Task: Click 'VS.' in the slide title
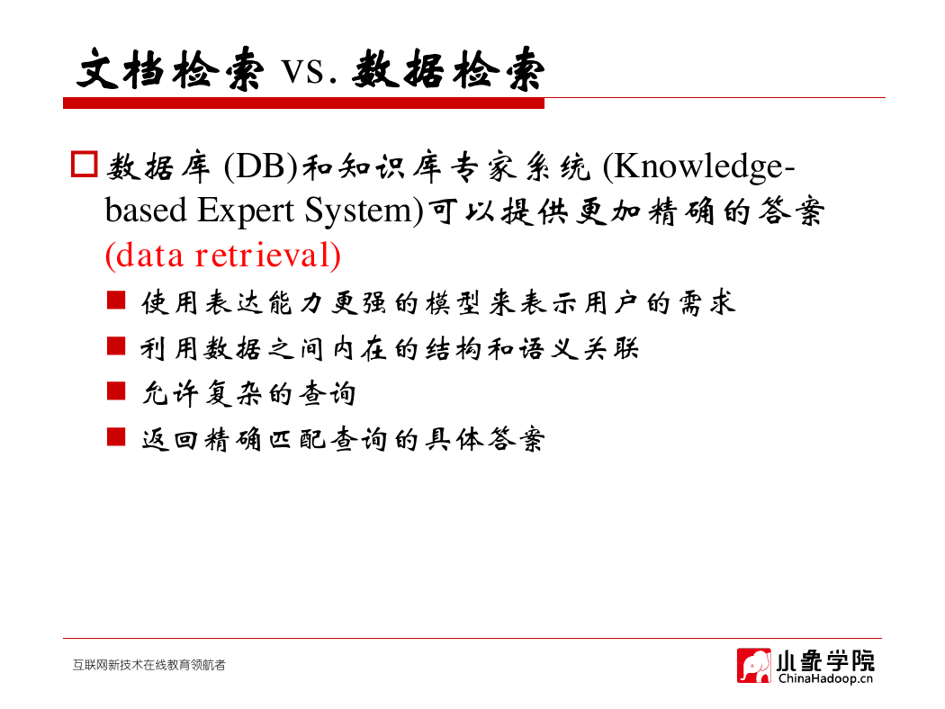coord(309,71)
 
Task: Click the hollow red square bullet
coord(85,165)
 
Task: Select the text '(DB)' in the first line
coord(260,166)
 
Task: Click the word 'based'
coord(146,211)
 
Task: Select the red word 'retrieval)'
coord(267,256)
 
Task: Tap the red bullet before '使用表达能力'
coord(116,300)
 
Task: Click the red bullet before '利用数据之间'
coord(116,346)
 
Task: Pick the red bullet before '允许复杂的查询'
coord(116,391)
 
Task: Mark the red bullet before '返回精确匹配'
coord(116,436)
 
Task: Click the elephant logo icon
coord(753,666)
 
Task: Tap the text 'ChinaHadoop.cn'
coord(825,679)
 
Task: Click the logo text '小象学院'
coord(824,660)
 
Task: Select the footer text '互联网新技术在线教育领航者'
coord(148,665)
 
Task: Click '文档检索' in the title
coord(171,70)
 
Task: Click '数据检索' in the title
coord(448,70)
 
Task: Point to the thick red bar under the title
coord(304,103)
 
